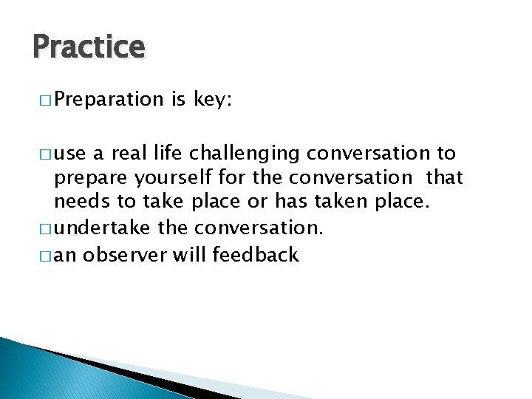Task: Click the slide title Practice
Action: [x=89, y=47]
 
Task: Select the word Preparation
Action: [x=109, y=100]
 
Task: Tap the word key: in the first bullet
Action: [x=213, y=100]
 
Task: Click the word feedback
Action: [x=255, y=256]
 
